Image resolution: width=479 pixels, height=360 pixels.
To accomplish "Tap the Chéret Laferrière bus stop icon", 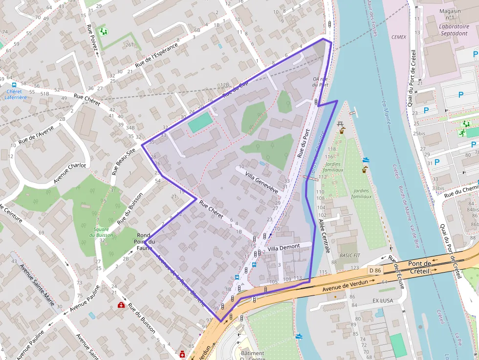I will [14, 85].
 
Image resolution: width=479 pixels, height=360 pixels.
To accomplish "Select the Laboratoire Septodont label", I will [447, 30].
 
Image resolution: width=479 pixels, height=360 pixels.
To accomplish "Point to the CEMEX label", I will [399, 37].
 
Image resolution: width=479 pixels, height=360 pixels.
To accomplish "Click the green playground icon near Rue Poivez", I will [103, 32].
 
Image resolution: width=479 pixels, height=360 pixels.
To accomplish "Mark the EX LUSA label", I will [382, 300].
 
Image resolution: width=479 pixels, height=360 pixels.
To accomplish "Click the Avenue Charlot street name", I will [69, 173].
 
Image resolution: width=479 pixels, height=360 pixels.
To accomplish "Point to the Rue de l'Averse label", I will [36, 134].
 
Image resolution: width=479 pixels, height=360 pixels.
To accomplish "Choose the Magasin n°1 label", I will [450, 14].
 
